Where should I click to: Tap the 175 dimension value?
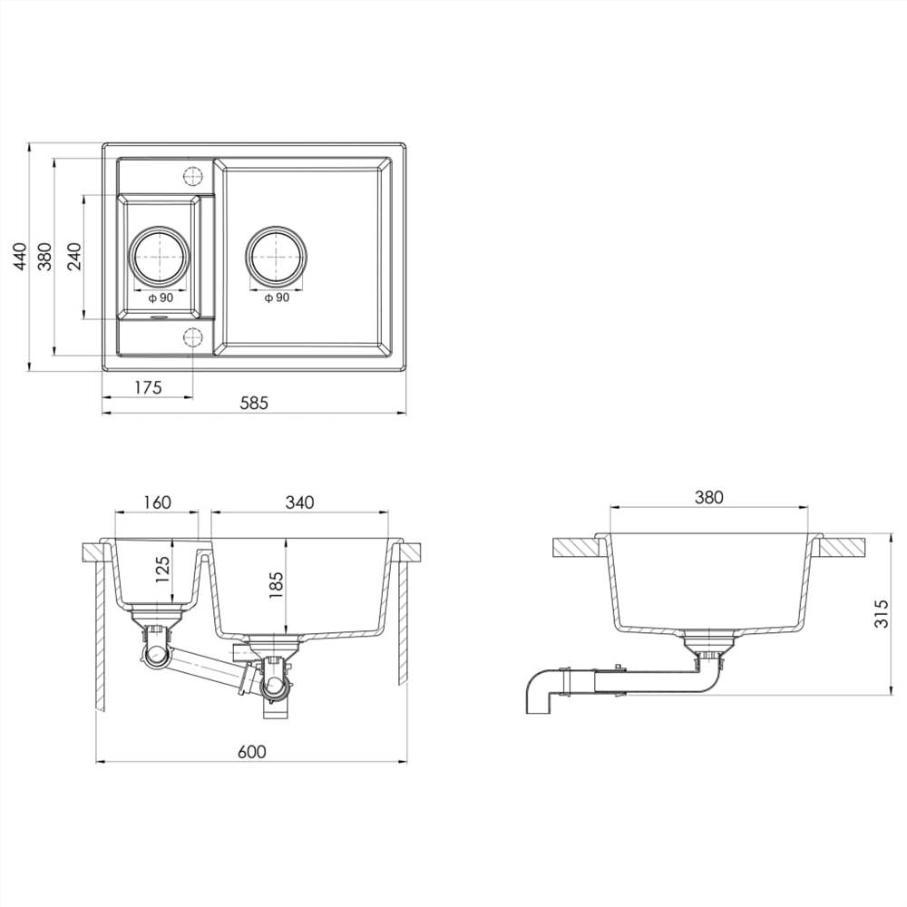[x=148, y=387]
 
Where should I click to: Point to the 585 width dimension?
[x=254, y=405]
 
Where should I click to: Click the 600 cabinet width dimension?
[x=251, y=752]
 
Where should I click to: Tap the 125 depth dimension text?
[x=163, y=574]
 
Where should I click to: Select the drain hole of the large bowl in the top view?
[x=276, y=254]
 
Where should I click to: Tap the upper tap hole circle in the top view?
[x=192, y=175]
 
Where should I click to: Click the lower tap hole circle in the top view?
[x=192, y=337]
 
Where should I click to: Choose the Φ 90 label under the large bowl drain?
[x=276, y=298]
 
